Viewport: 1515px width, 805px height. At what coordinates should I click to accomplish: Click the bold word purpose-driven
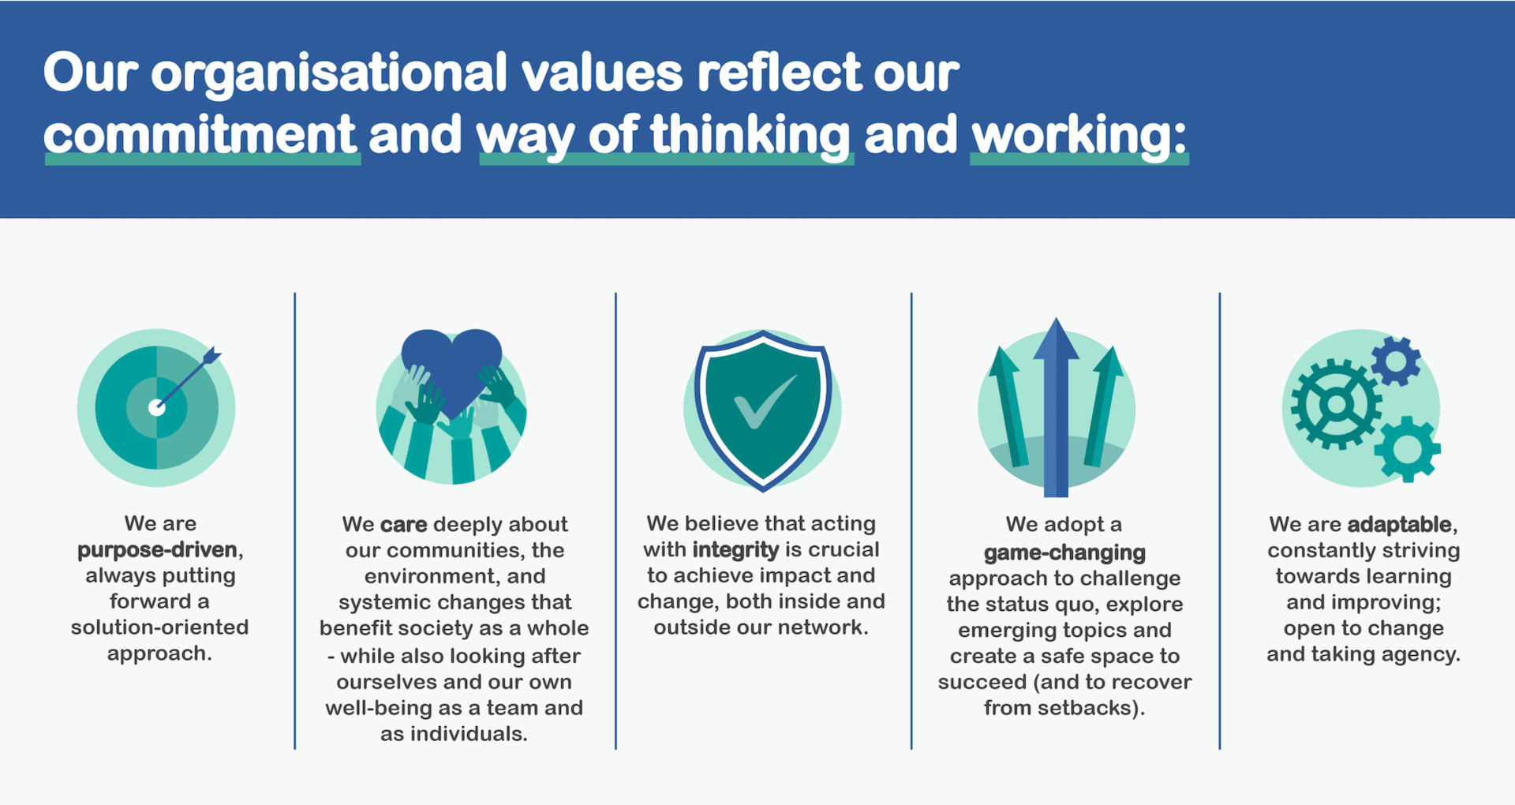click(157, 550)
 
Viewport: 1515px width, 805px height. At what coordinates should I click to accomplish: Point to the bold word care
click(403, 524)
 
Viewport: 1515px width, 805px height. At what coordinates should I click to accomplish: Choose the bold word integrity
click(735, 550)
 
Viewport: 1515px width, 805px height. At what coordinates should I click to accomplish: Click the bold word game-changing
click(1064, 553)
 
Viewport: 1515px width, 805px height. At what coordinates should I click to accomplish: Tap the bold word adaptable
click(1399, 524)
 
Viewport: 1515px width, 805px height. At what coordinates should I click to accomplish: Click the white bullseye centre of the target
click(157, 407)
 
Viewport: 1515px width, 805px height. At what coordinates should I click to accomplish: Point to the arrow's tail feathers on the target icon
click(211, 356)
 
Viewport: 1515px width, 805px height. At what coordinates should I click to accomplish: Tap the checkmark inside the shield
click(764, 401)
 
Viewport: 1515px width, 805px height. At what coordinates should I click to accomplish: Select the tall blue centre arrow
click(1056, 407)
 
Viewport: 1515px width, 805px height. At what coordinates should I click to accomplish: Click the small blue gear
click(1395, 361)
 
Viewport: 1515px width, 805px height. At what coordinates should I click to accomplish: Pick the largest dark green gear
click(1336, 404)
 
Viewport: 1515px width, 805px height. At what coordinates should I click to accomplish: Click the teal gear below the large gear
click(1407, 449)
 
